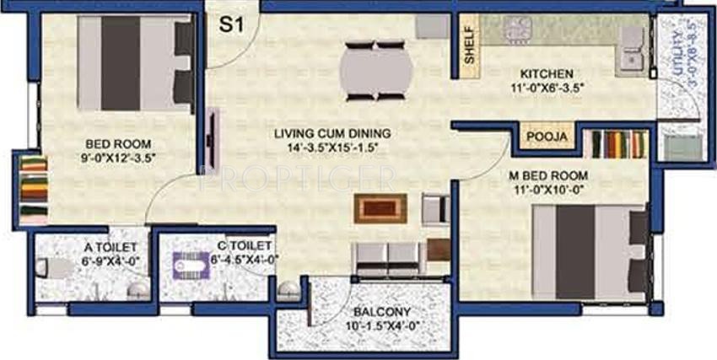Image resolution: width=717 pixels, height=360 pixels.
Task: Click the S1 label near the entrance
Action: coord(231,24)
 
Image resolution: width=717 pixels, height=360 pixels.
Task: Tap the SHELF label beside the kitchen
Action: coord(469,49)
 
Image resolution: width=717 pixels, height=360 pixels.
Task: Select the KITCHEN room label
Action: coord(547,73)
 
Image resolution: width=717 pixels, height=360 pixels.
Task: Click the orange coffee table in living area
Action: coord(380,207)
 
